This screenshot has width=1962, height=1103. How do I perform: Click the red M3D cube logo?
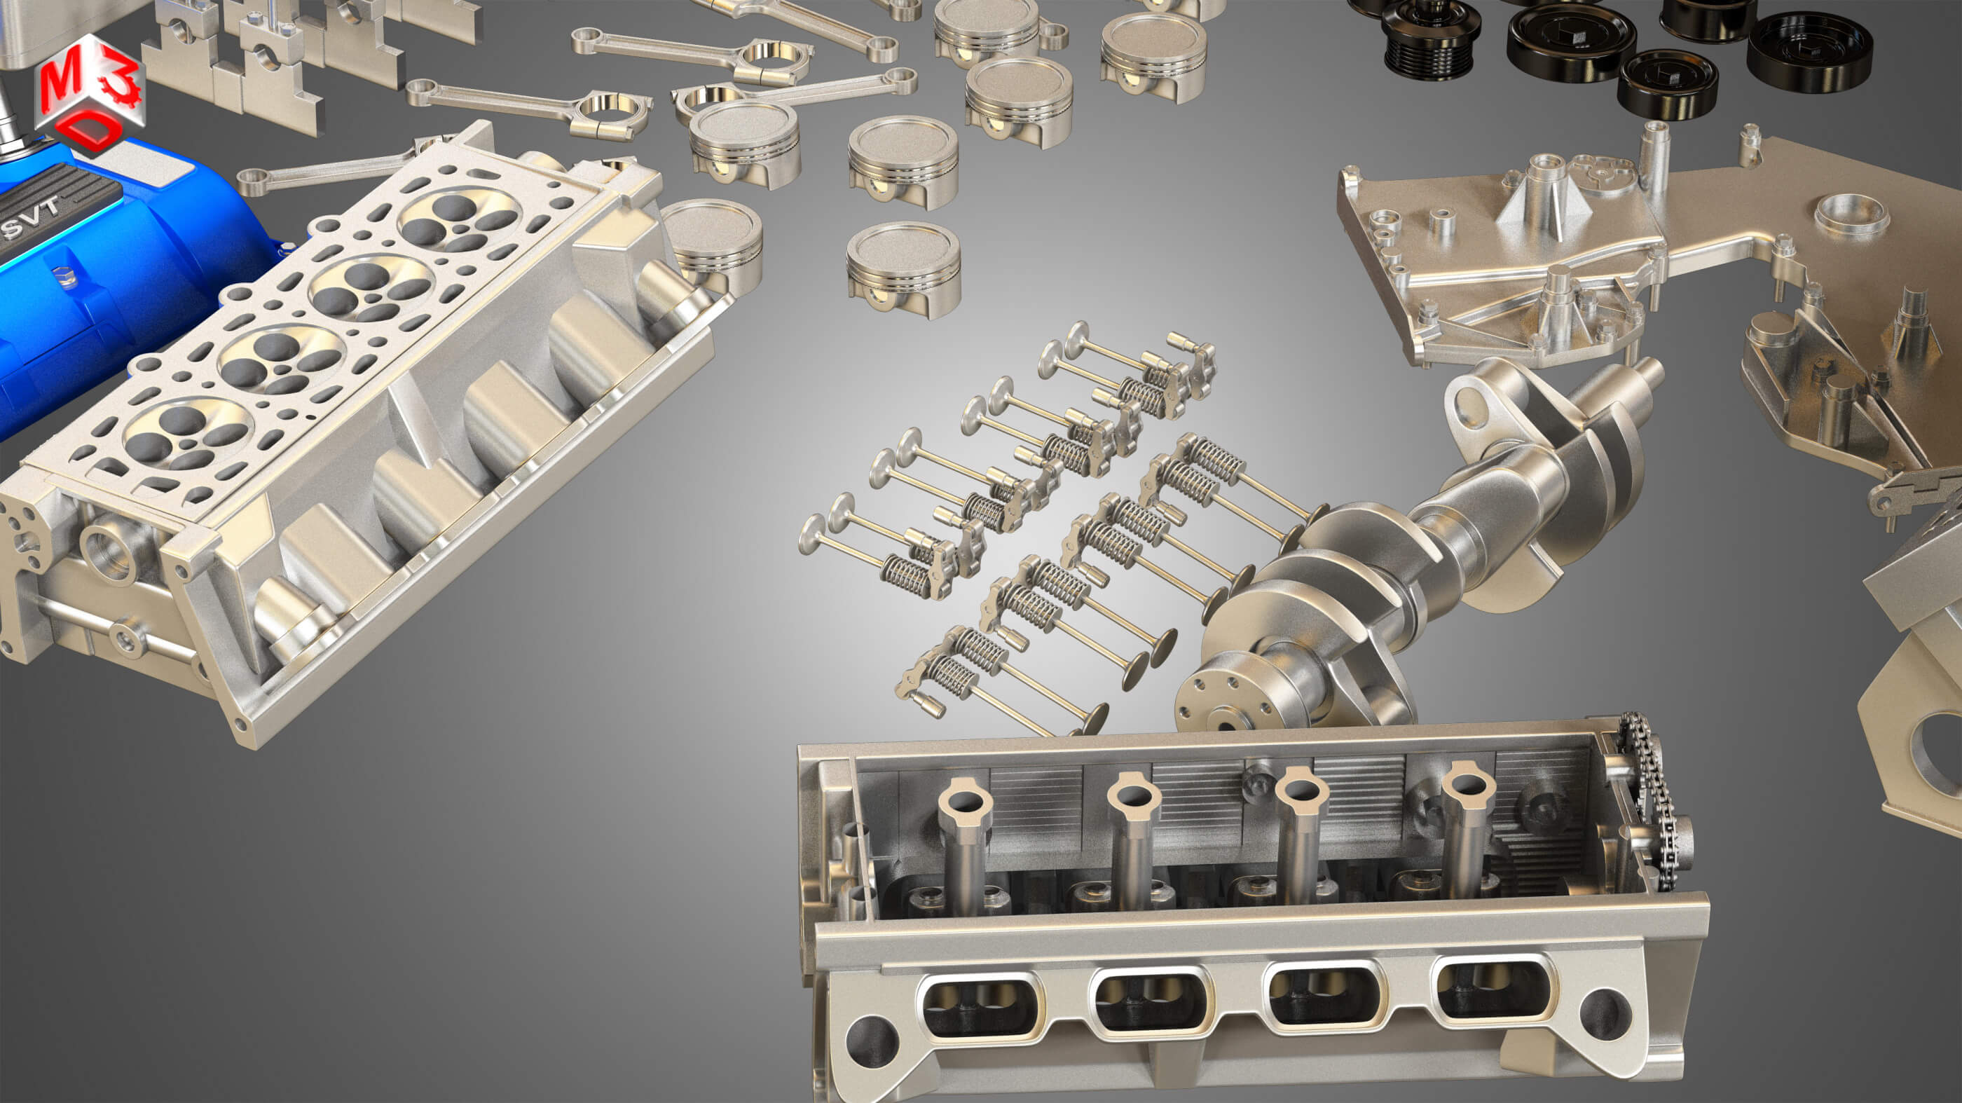90,95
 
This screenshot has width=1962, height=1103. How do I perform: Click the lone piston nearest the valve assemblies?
904,268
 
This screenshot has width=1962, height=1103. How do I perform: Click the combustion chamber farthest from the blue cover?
459,221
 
